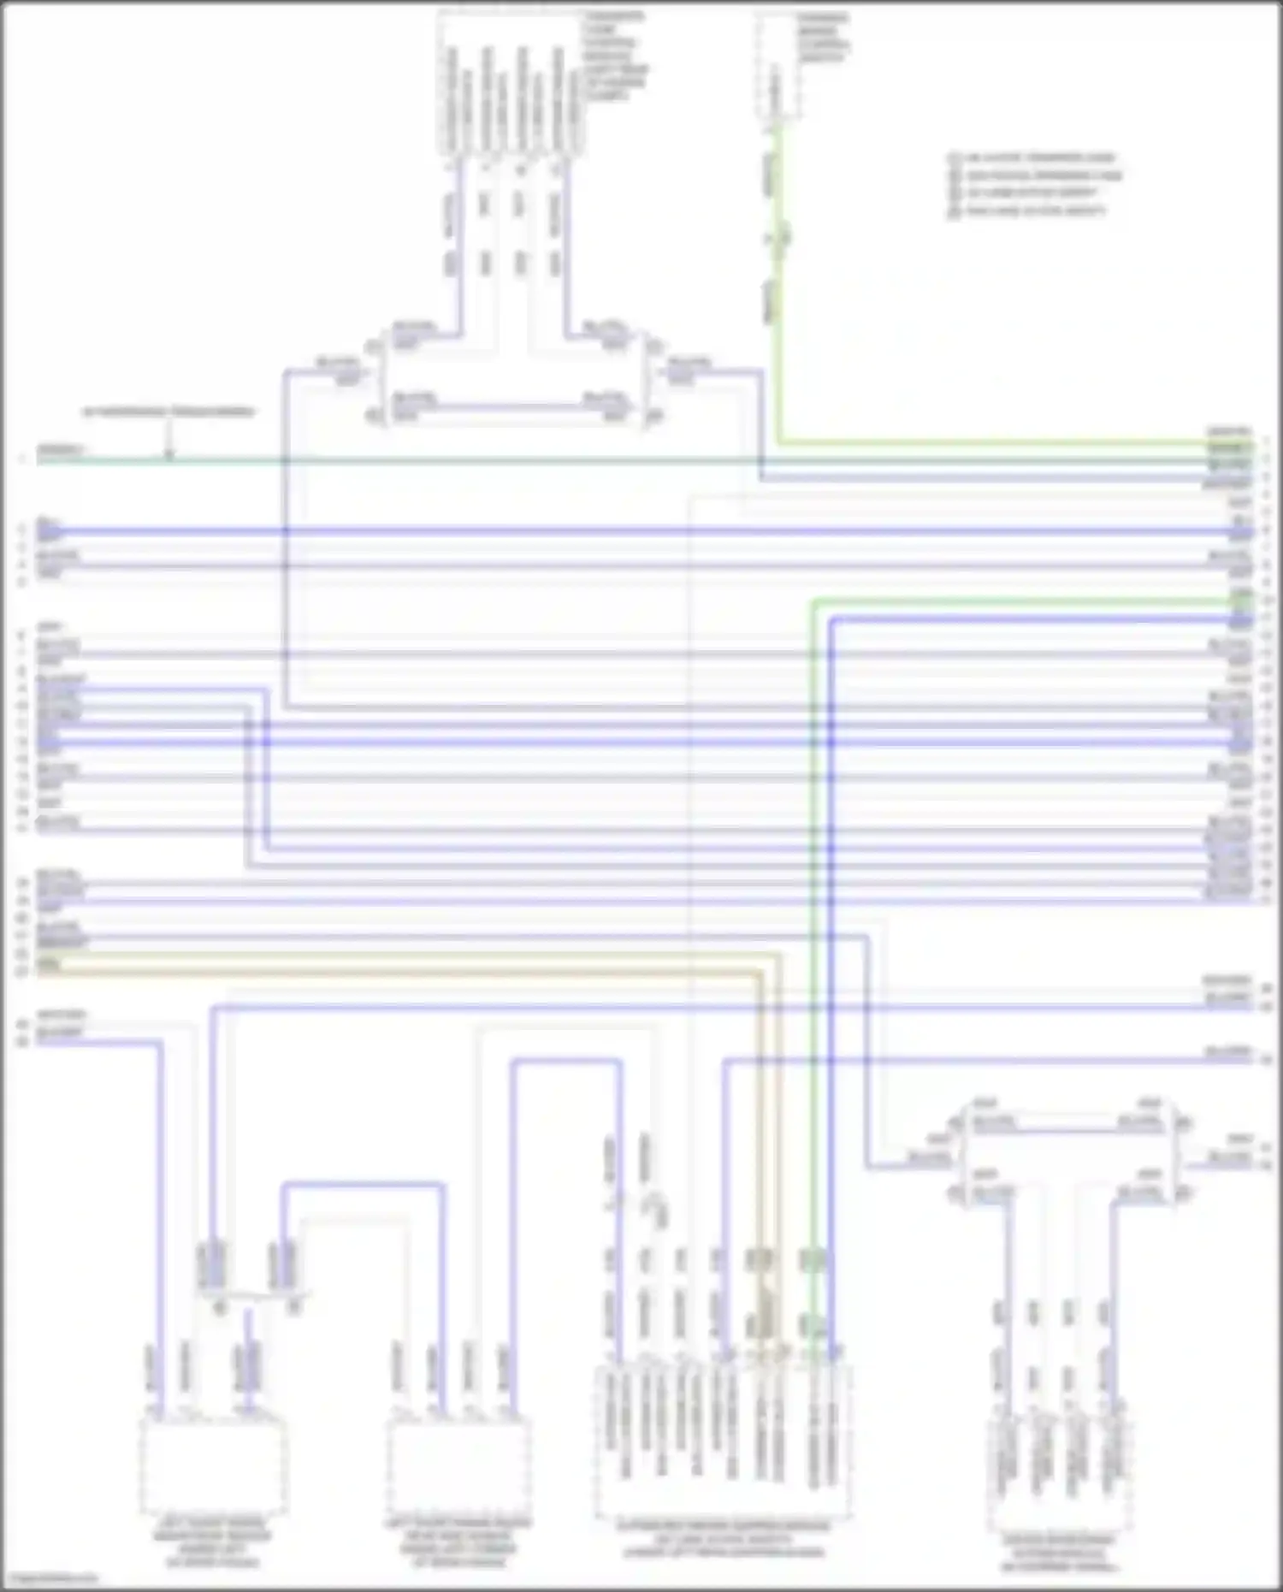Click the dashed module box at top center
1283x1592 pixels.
click(x=511, y=84)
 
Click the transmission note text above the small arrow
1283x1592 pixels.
click(x=169, y=412)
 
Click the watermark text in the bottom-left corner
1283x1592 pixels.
click(x=50, y=1577)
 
